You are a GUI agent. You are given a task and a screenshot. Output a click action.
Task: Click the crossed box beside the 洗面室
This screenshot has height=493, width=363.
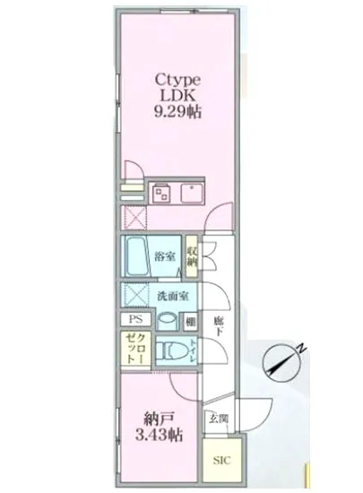click(x=136, y=294)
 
